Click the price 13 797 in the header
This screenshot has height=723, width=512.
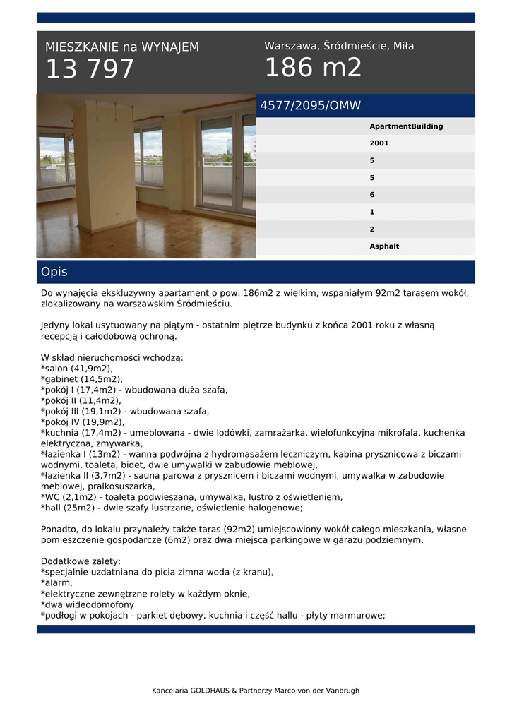click(x=90, y=69)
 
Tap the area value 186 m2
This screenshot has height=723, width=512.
click(x=313, y=68)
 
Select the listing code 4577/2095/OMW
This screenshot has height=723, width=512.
click(x=311, y=106)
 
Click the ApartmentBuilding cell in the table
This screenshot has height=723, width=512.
click(x=406, y=126)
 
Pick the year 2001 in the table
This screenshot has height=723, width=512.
click(x=379, y=143)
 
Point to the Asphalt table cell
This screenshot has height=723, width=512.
click(x=384, y=246)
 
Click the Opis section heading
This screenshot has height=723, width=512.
click(x=54, y=272)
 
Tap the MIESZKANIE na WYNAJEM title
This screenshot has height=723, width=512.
click(x=122, y=47)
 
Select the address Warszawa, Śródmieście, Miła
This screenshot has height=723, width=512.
click(x=339, y=47)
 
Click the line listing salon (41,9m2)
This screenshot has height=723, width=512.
click(x=77, y=369)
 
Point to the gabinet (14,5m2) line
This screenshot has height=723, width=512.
click(x=82, y=379)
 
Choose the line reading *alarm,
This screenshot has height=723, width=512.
click(x=57, y=583)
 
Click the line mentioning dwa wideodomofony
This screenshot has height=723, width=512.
click(x=88, y=604)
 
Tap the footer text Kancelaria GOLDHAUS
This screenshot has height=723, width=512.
click(x=256, y=691)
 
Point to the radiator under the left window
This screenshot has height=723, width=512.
click(x=55, y=193)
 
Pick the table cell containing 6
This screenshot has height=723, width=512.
click(x=372, y=195)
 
